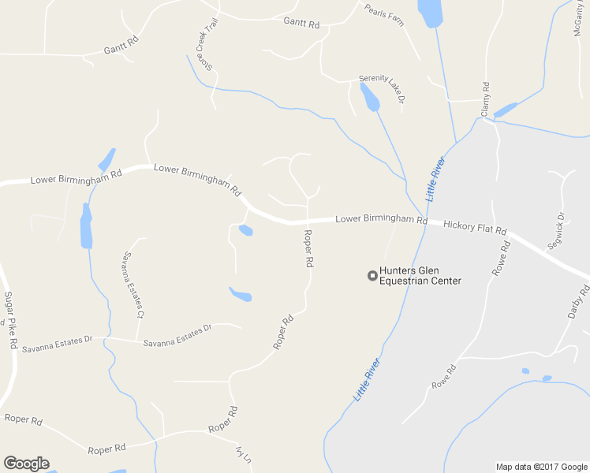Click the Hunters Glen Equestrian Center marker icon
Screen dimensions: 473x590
click(x=372, y=275)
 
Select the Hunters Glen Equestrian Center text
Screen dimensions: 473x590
click(x=420, y=275)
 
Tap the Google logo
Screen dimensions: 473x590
click(x=26, y=464)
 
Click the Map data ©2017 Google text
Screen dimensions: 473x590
click(x=541, y=467)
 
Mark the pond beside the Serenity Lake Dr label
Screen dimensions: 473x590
click(x=369, y=97)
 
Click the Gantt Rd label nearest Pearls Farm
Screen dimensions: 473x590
click(x=301, y=24)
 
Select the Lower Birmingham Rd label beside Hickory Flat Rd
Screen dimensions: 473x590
click(x=381, y=219)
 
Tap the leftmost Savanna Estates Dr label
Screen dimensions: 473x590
click(x=58, y=344)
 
